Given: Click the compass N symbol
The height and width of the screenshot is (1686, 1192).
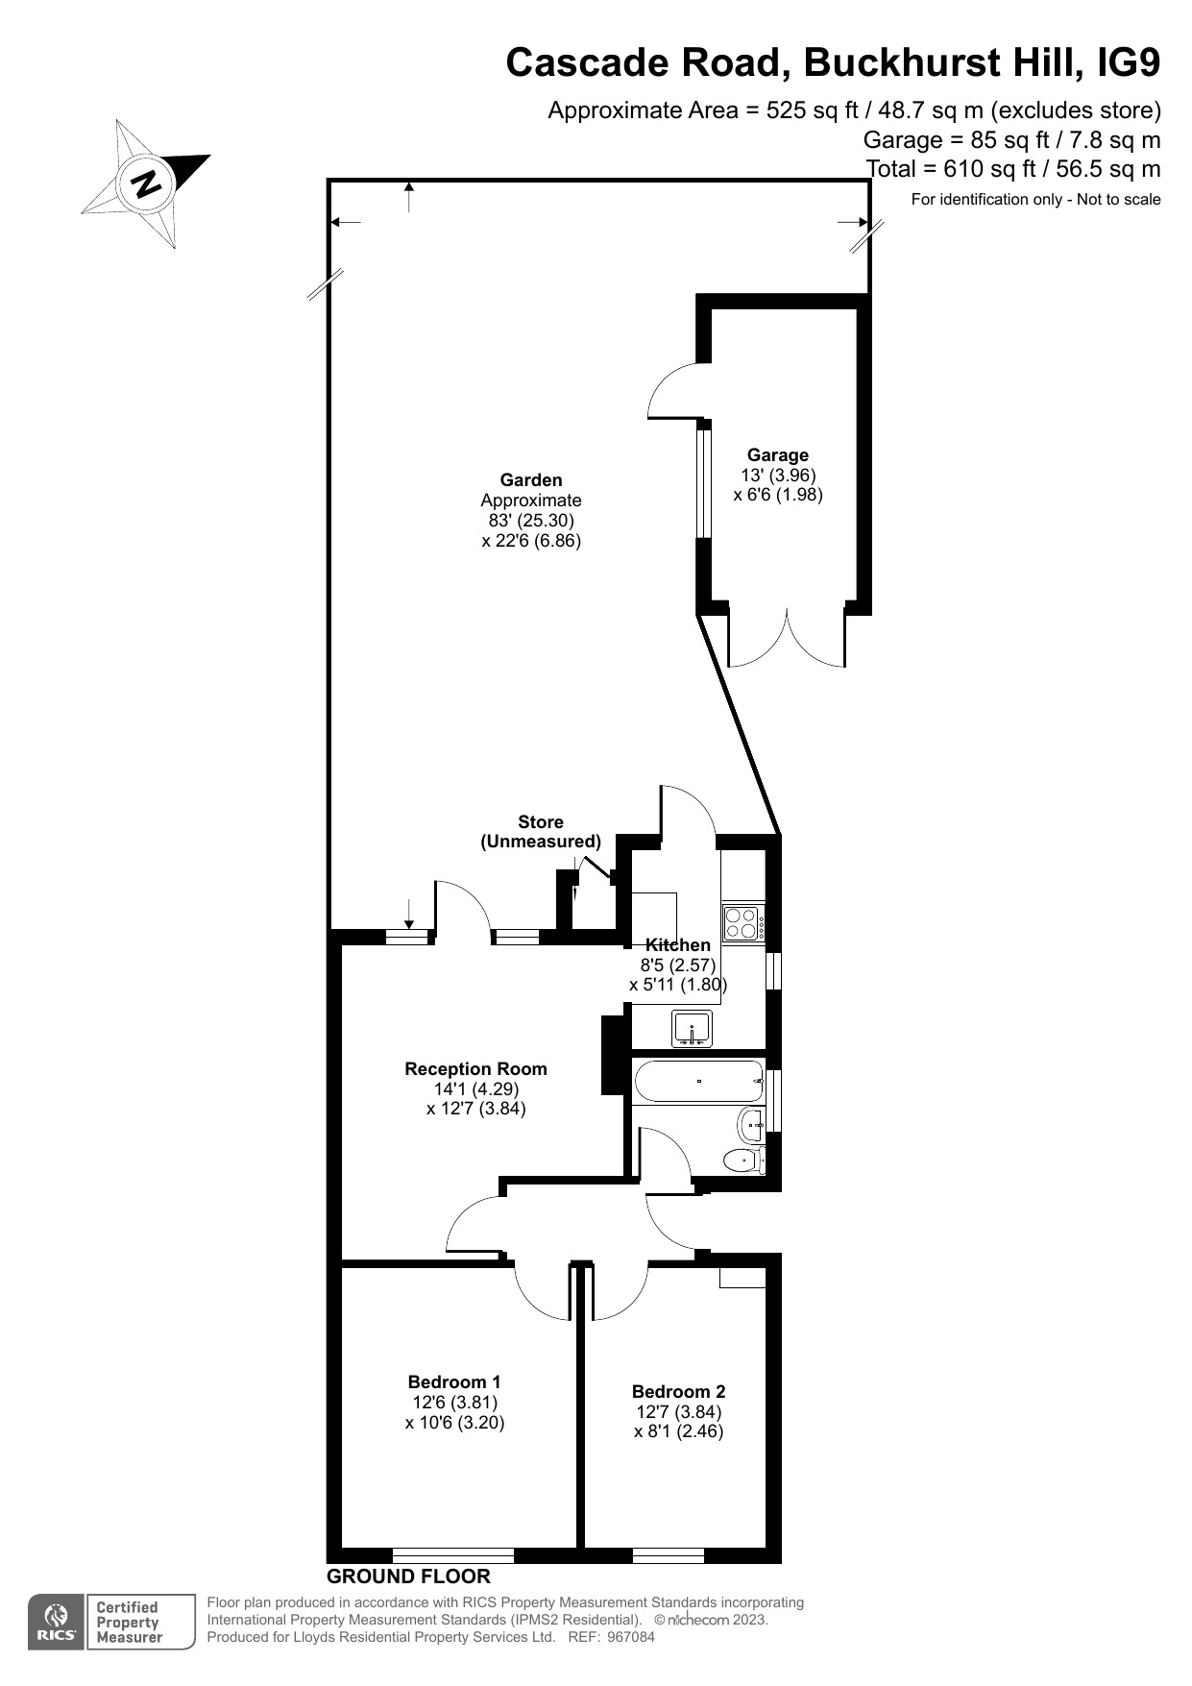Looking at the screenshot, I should click(x=147, y=183).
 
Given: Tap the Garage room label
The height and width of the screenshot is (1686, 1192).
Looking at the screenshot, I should click(x=777, y=455).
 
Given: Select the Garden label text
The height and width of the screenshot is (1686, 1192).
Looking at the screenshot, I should click(x=530, y=480).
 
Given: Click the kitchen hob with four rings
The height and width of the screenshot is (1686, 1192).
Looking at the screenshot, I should click(x=743, y=923).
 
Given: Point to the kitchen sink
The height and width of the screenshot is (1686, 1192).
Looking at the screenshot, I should click(x=692, y=1029).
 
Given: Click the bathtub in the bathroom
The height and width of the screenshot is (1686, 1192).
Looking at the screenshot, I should click(x=698, y=1082).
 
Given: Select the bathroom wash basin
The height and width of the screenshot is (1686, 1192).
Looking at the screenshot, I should click(x=751, y=1123).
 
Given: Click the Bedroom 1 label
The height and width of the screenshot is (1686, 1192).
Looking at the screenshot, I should click(x=454, y=1382).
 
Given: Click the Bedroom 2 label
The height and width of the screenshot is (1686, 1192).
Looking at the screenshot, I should click(x=678, y=1392).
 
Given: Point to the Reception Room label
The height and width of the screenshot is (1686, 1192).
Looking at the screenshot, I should click(x=475, y=1069).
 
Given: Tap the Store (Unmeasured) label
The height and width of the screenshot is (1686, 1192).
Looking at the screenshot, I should click(x=541, y=832).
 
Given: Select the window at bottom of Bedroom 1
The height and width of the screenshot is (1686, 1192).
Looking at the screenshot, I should click(x=453, y=1554).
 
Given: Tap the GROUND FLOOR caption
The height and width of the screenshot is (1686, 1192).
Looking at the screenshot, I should click(x=408, y=1576).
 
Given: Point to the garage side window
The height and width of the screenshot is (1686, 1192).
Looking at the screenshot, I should click(x=703, y=483).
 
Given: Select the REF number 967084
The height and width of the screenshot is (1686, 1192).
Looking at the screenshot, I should click(x=631, y=1637).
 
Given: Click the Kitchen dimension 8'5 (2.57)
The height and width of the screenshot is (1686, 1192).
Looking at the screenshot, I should click(x=677, y=965).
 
